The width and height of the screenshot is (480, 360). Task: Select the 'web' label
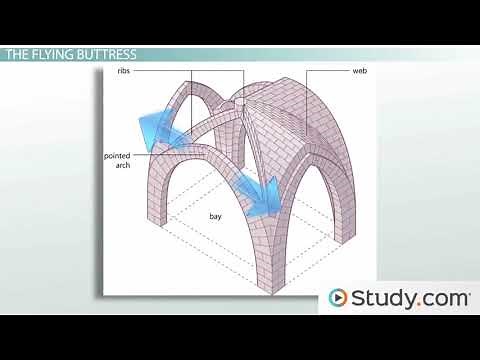359,72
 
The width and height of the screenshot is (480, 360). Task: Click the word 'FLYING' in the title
56,54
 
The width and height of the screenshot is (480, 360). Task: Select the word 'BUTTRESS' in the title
109,54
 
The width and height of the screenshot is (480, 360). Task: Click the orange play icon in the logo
339,298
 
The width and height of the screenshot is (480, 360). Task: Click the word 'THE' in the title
19,54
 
